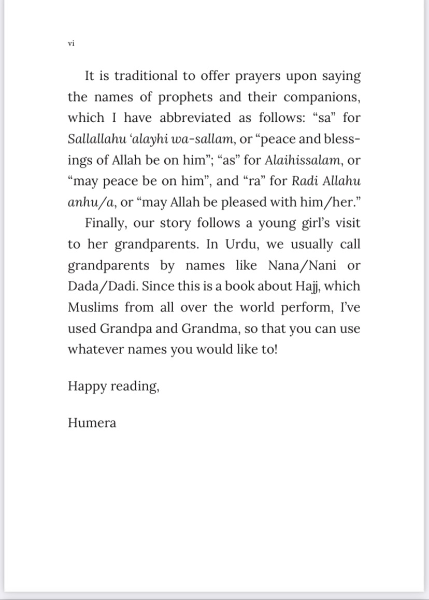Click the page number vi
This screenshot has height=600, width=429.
(x=71, y=44)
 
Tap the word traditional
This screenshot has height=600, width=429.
(x=146, y=76)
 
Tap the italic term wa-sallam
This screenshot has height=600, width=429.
(x=207, y=139)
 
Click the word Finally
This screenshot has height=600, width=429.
(x=106, y=223)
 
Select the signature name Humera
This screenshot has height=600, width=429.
(x=92, y=423)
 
